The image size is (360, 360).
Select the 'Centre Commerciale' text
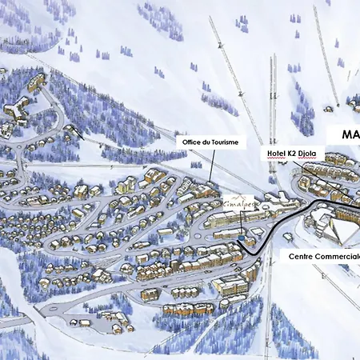pyautogui.click(x=324, y=257)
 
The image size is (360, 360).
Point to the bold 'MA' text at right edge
pyautogui.click(x=350, y=134)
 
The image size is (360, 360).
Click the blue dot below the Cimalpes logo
pyautogui.click(x=241, y=238)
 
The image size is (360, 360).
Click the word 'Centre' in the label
pyautogui.click(x=306, y=257)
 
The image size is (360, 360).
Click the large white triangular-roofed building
pyautogui.click(x=340, y=228)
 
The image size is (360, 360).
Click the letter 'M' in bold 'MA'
pyautogui.click(x=347, y=134)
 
